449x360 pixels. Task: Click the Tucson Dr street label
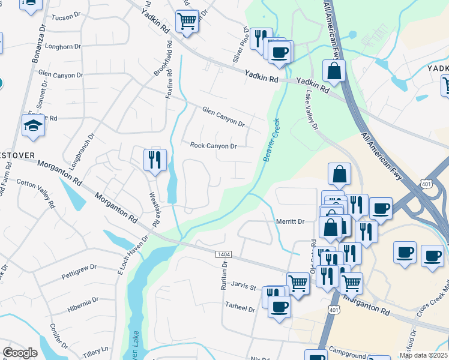click(66, 17)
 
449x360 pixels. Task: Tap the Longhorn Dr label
click(62, 46)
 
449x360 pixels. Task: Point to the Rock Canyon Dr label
click(213, 146)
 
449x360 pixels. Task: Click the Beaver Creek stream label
click(272, 139)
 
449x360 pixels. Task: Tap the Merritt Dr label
click(290, 221)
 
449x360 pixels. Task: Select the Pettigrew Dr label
click(79, 272)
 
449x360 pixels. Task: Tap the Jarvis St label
click(244, 289)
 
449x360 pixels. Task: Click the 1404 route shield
click(221, 255)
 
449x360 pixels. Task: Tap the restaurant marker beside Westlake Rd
click(155, 160)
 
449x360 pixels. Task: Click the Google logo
click(20, 353)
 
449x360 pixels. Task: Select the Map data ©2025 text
click(423, 355)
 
